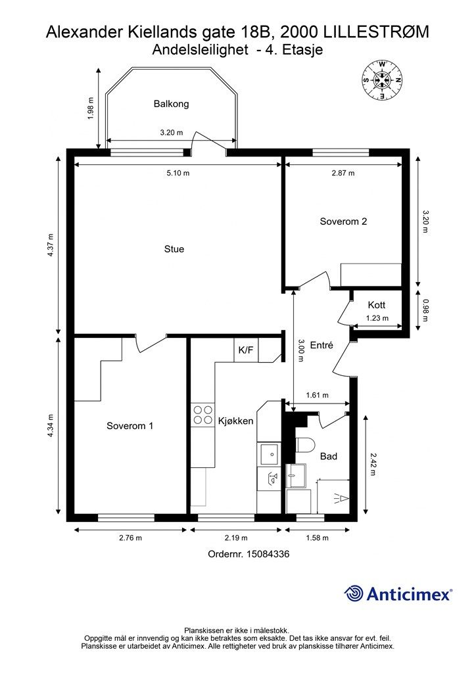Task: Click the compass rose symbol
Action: tap(382, 80)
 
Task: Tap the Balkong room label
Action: tap(171, 104)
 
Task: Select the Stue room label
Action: tap(174, 249)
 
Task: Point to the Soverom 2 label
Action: tap(343, 221)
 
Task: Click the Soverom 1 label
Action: tap(130, 426)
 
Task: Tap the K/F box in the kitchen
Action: tap(246, 350)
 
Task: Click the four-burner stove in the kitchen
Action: tap(202, 415)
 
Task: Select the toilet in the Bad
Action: tap(306, 445)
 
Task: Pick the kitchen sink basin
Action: tap(269, 454)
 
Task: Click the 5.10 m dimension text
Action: tap(178, 174)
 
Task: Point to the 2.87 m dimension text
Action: tap(343, 174)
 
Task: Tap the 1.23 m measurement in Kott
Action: tap(377, 318)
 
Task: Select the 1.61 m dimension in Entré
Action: tap(317, 395)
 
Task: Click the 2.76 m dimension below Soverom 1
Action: tap(130, 538)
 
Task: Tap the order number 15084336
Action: tap(268, 554)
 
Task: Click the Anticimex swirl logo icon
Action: tap(354, 593)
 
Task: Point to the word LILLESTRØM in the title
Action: tap(376, 32)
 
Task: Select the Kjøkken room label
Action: tap(235, 421)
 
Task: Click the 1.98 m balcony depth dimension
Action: tap(90, 108)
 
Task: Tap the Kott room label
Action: tap(377, 305)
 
